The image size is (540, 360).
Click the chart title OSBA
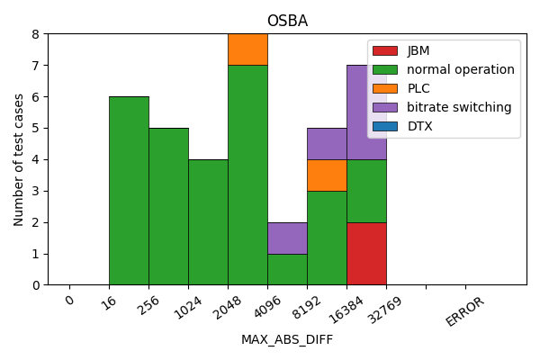pyautogui.click(x=287, y=21)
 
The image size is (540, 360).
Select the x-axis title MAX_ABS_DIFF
pyautogui.click(x=287, y=339)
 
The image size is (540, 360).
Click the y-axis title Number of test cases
pyautogui.click(x=19, y=159)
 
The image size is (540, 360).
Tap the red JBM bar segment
pyautogui.click(x=366, y=253)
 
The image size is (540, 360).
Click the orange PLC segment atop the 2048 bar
pyautogui.click(x=247, y=49)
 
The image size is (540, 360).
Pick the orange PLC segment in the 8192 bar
pyautogui.click(x=327, y=175)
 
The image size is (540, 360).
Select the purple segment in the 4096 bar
pyautogui.click(x=287, y=238)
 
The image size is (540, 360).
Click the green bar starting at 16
pyautogui.click(x=129, y=191)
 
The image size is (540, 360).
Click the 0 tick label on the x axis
pyautogui.click(x=69, y=301)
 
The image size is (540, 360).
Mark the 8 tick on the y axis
pyautogui.click(x=36, y=34)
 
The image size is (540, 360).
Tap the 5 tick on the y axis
pyautogui.click(x=36, y=128)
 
